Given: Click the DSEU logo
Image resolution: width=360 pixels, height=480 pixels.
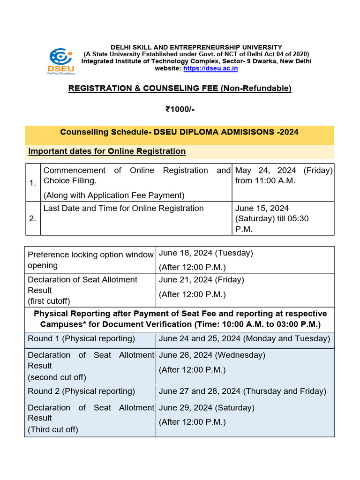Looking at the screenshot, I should [62, 60].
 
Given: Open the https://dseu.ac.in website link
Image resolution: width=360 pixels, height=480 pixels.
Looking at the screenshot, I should [210, 68].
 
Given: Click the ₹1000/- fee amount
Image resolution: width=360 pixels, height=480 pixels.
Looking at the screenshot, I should [180, 109].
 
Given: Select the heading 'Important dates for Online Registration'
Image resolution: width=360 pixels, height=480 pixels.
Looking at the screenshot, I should [107, 151].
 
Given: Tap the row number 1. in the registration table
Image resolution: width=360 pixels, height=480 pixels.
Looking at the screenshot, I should [32, 183].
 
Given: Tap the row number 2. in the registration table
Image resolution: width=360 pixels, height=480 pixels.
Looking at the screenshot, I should [32, 218].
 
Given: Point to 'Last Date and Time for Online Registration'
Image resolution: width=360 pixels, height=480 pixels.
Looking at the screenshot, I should [123, 208].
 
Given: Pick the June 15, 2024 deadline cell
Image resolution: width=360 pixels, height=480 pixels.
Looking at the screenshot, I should [271, 218].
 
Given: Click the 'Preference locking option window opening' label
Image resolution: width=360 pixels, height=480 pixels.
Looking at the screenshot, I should [90, 260].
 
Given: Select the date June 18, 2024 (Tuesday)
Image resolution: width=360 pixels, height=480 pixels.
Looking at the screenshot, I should [206, 253].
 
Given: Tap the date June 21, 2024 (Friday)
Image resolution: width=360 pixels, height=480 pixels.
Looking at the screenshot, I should [202, 280].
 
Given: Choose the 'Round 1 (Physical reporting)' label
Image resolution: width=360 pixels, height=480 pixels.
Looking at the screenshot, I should [81, 338].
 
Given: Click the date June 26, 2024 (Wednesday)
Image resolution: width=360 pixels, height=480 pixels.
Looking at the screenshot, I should [212, 355].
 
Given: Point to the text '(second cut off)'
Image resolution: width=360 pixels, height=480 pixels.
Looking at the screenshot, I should [57, 377].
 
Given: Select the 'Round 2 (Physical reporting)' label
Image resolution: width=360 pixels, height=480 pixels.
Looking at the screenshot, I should [81, 391].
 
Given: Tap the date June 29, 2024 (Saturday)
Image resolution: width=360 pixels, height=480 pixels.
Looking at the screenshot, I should [207, 408].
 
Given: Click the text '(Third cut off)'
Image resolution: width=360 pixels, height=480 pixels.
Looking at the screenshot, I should [53, 429].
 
